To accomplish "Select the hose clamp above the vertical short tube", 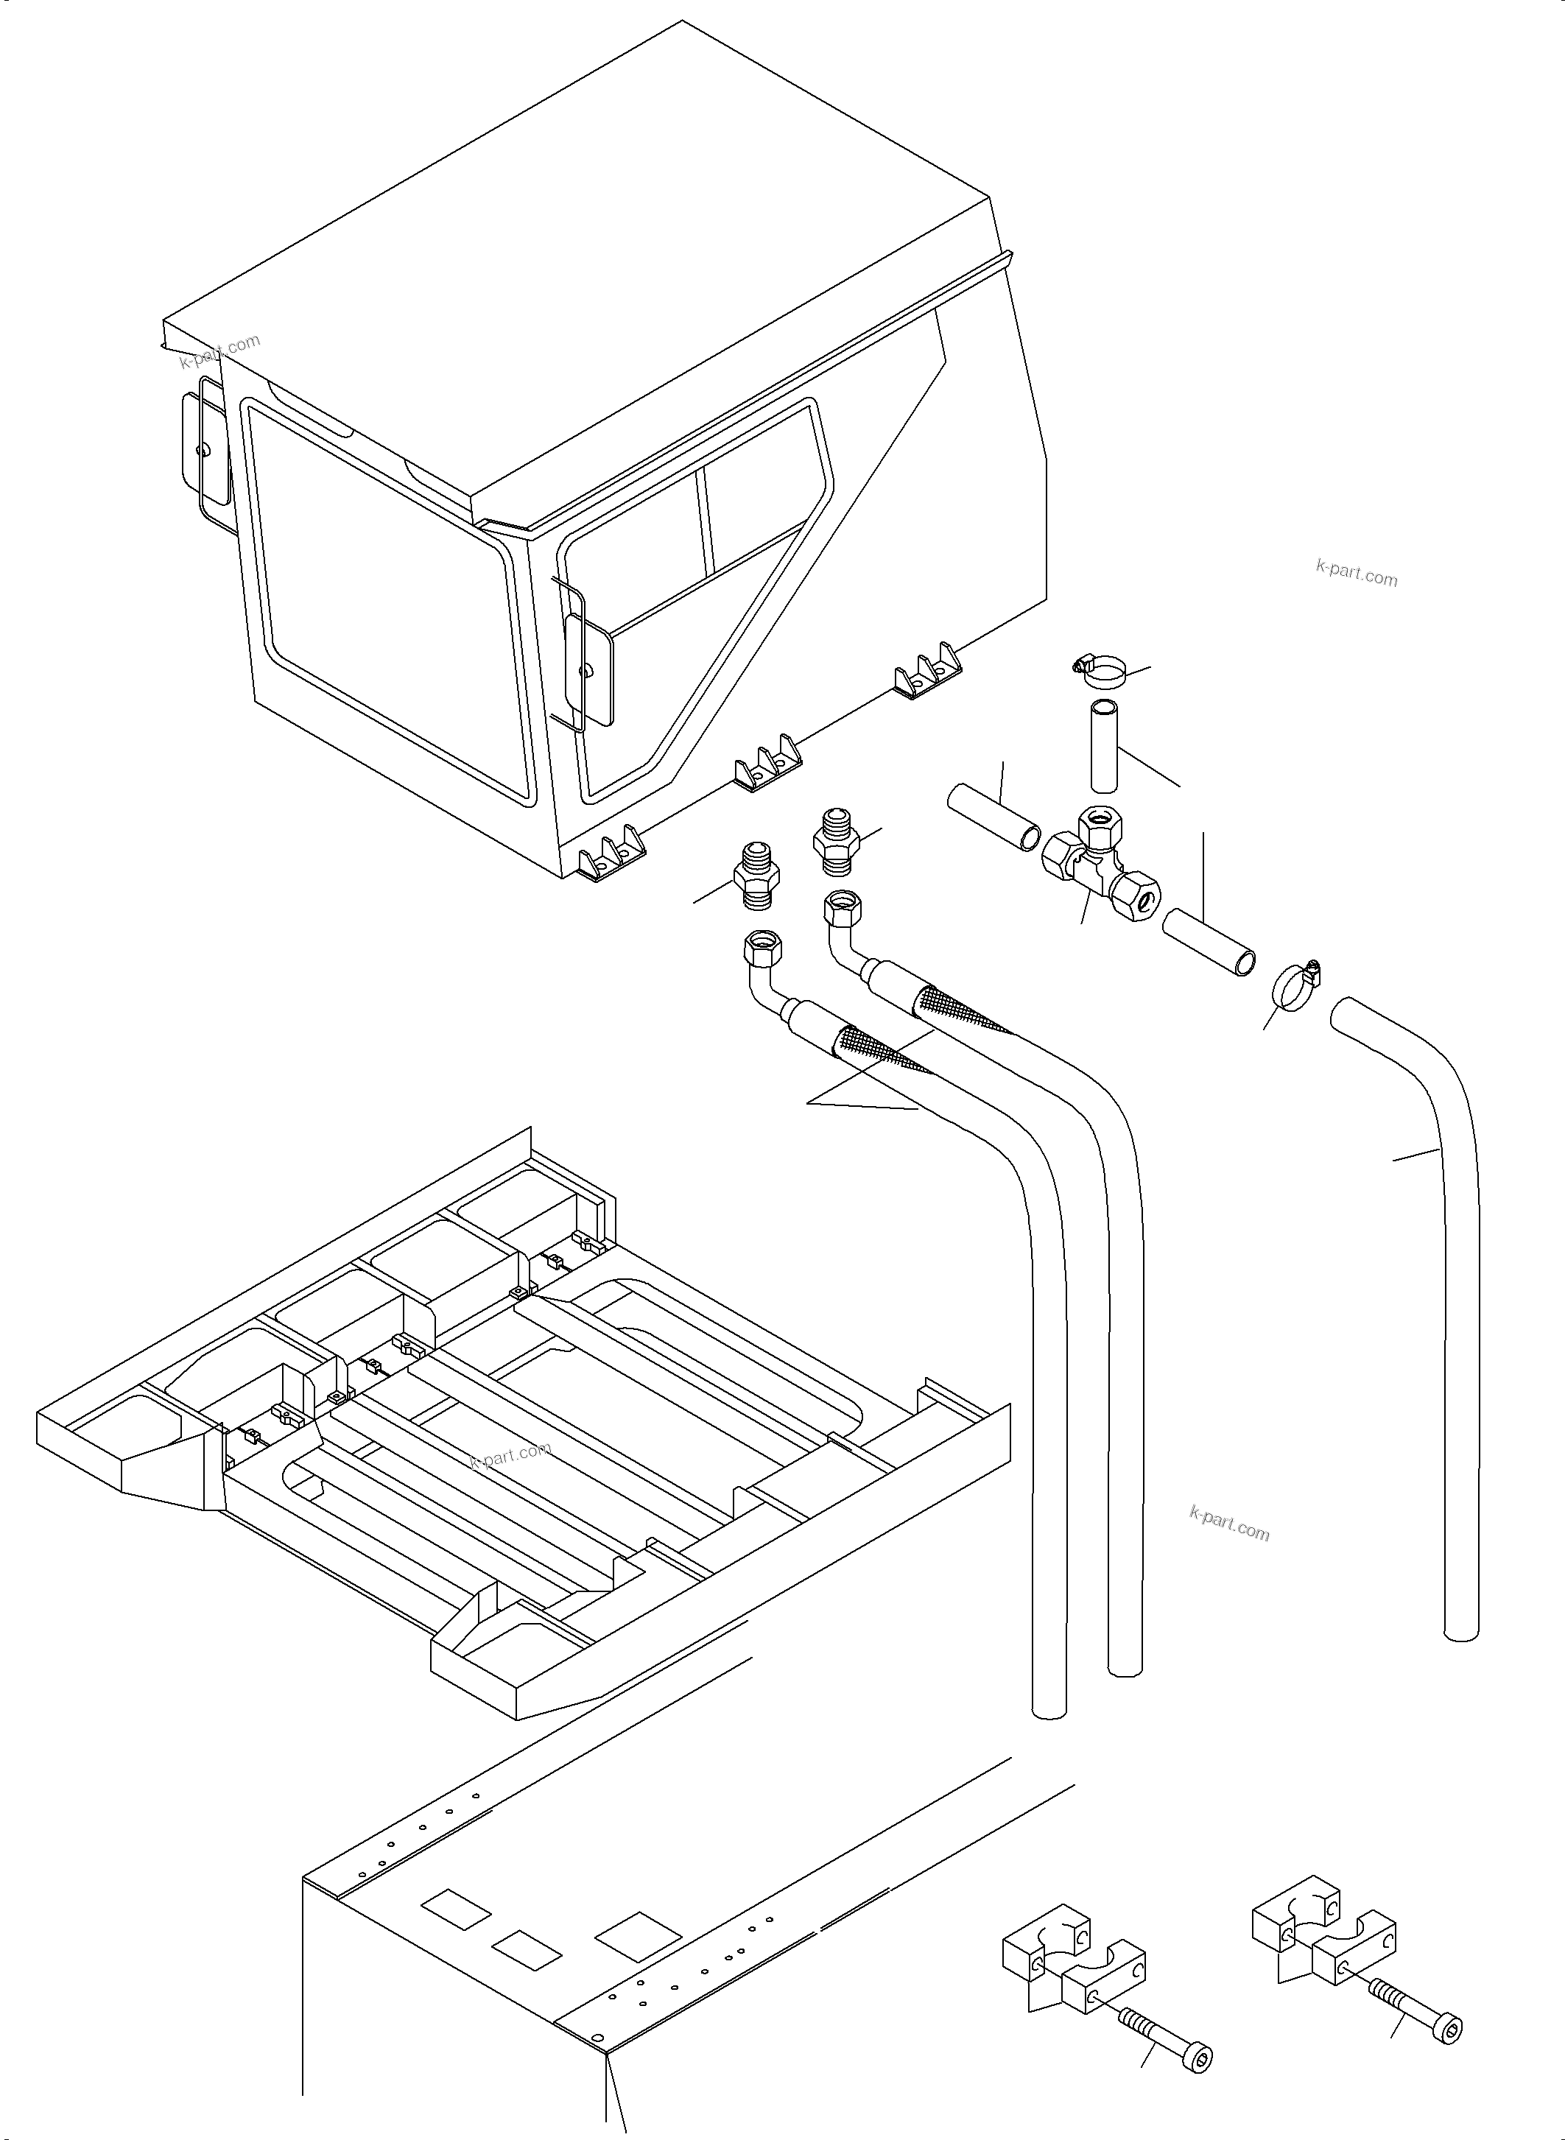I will (1100, 672).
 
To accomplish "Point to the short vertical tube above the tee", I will (1105, 745).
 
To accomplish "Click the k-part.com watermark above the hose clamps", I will (1357, 572).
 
